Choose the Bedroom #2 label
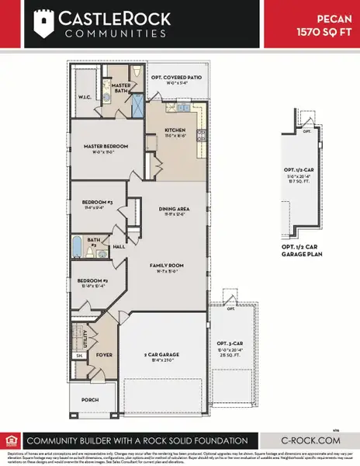92,280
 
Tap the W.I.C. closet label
85,98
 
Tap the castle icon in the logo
45,23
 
